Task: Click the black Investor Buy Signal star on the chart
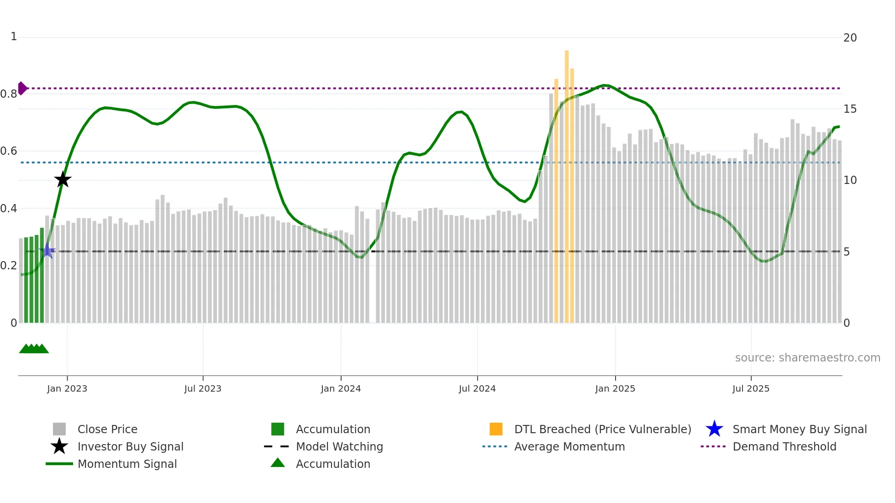pos(63,179)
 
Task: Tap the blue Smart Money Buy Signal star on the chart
pos(47,251)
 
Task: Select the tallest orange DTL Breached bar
pos(567,183)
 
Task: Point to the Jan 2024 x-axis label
pos(341,388)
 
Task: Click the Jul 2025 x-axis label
pos(751,388)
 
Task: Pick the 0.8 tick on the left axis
pos(9,94)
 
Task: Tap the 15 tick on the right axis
pos(850,109)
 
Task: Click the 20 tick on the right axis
pos(850,38)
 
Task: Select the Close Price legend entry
pos(107,429)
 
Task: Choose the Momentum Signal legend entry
pos(127,464)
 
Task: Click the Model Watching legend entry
pos(339,446)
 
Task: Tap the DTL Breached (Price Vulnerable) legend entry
pos(602,429)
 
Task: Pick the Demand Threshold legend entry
pos(784,446)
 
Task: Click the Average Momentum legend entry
pos(569,446)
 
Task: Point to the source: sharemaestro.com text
pos(807,357)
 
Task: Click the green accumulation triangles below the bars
pos(34,349)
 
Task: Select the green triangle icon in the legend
pos(278,463)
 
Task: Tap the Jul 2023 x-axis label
pos(203,388)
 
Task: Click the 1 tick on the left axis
pos(14,37)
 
